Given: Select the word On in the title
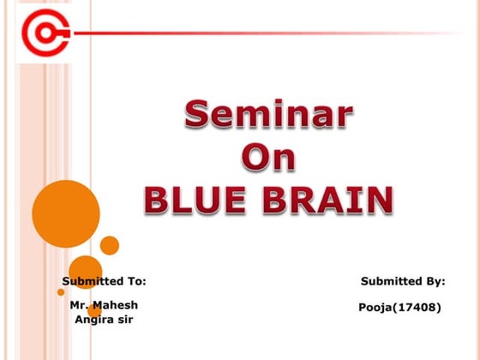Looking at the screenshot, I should pyautogui.click(x=268, y=158).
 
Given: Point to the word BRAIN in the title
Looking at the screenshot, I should pyautogui.click(x=328, y=200).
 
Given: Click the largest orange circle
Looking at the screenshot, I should pyautogui.click(x=66, y=213).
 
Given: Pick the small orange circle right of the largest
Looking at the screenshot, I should pyautogui.click(x=110, y=245).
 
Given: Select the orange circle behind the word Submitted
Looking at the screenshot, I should pyautogui.click(x=85, y=273).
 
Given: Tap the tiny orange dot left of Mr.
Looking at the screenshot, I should pyautogui.click(x=61, y=292).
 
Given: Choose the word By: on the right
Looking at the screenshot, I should pyautogui.click(x=432, y=281).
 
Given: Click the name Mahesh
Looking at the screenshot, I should pyautogui.click(x=116, y=305).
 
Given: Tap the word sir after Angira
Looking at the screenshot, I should pyautogui.click(x=123, y=320).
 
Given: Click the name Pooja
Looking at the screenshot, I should pyautogui.click(x=376, y=306).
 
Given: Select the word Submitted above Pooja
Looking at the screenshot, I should pyautogui.click(x=389, y=281).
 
